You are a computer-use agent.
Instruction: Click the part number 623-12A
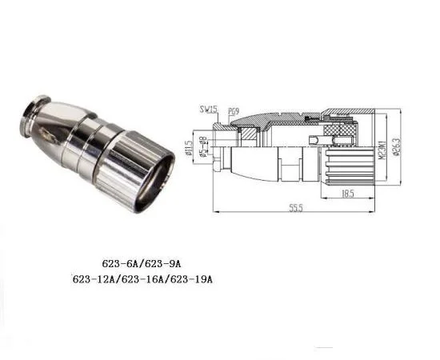tap(93, 280)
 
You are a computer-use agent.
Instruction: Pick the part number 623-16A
tap(143, 280)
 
